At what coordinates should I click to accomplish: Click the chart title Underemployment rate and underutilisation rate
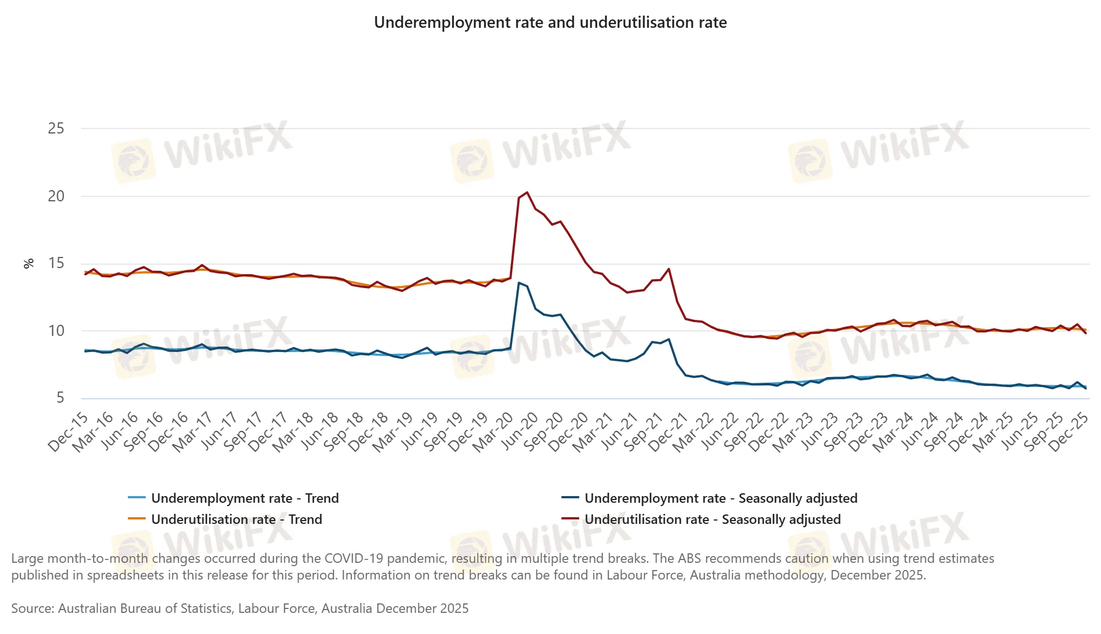(x=550, y=23)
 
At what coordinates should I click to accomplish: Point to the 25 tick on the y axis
(x=56, y=128)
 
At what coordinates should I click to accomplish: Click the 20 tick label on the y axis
(x=56, y=196)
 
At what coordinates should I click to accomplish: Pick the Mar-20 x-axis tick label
(x=493, y=433)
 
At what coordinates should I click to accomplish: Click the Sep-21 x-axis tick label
(x=643, y=433)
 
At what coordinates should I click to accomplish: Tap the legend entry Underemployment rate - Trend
(x=245, y=498)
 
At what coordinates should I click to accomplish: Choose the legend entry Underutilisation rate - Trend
(x=236, y=519)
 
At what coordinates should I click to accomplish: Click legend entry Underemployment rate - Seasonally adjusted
(x=721, y=498)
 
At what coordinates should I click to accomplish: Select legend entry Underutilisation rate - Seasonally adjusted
(x=712, y=519)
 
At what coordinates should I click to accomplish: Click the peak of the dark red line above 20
(x=527, y=192)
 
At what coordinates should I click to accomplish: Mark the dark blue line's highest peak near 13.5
(x=519, y=283)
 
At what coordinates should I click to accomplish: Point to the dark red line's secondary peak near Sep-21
(x=668, y=269)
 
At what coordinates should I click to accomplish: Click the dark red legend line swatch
(x=570, y=519)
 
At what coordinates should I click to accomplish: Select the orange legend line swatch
(x=137, y=519)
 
